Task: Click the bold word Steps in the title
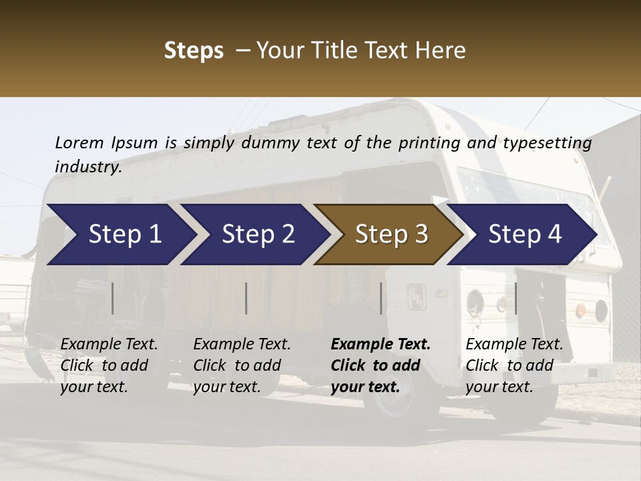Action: coord(194,51)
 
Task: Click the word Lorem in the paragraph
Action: coord(79,142)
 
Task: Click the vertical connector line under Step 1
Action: coord(113,298)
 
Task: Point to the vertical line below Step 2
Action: coord(246,298)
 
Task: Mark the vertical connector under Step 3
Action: coord(381,298)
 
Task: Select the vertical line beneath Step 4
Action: coord(516,298)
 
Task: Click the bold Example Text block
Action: coord(381,365)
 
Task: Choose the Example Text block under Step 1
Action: coord(109,365)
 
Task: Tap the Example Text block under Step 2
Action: coord(242,365)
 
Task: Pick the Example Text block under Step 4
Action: coord(514,365)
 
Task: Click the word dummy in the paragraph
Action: coord(272,142)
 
